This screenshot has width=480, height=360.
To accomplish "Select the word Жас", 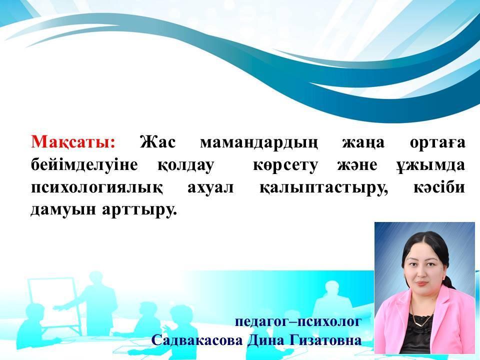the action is pos(157,142).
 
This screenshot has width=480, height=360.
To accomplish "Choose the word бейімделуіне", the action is pos(84,165).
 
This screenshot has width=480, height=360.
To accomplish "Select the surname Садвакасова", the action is pos(197,340).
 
